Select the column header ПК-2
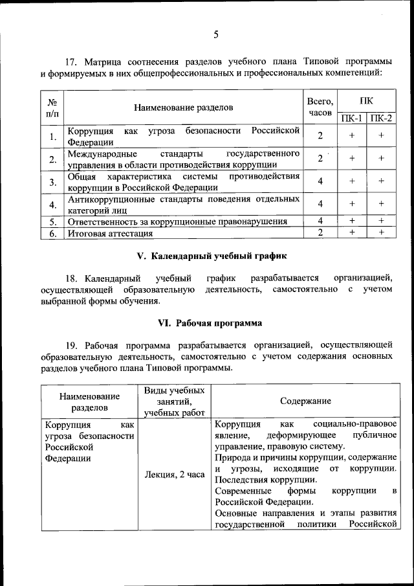382,118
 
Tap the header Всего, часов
320,107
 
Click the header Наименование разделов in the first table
183,107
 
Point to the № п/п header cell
51,107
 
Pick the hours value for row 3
320,181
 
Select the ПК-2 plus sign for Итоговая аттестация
382,232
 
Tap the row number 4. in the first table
51,205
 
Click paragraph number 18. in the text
74,278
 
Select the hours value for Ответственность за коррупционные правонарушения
320,221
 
